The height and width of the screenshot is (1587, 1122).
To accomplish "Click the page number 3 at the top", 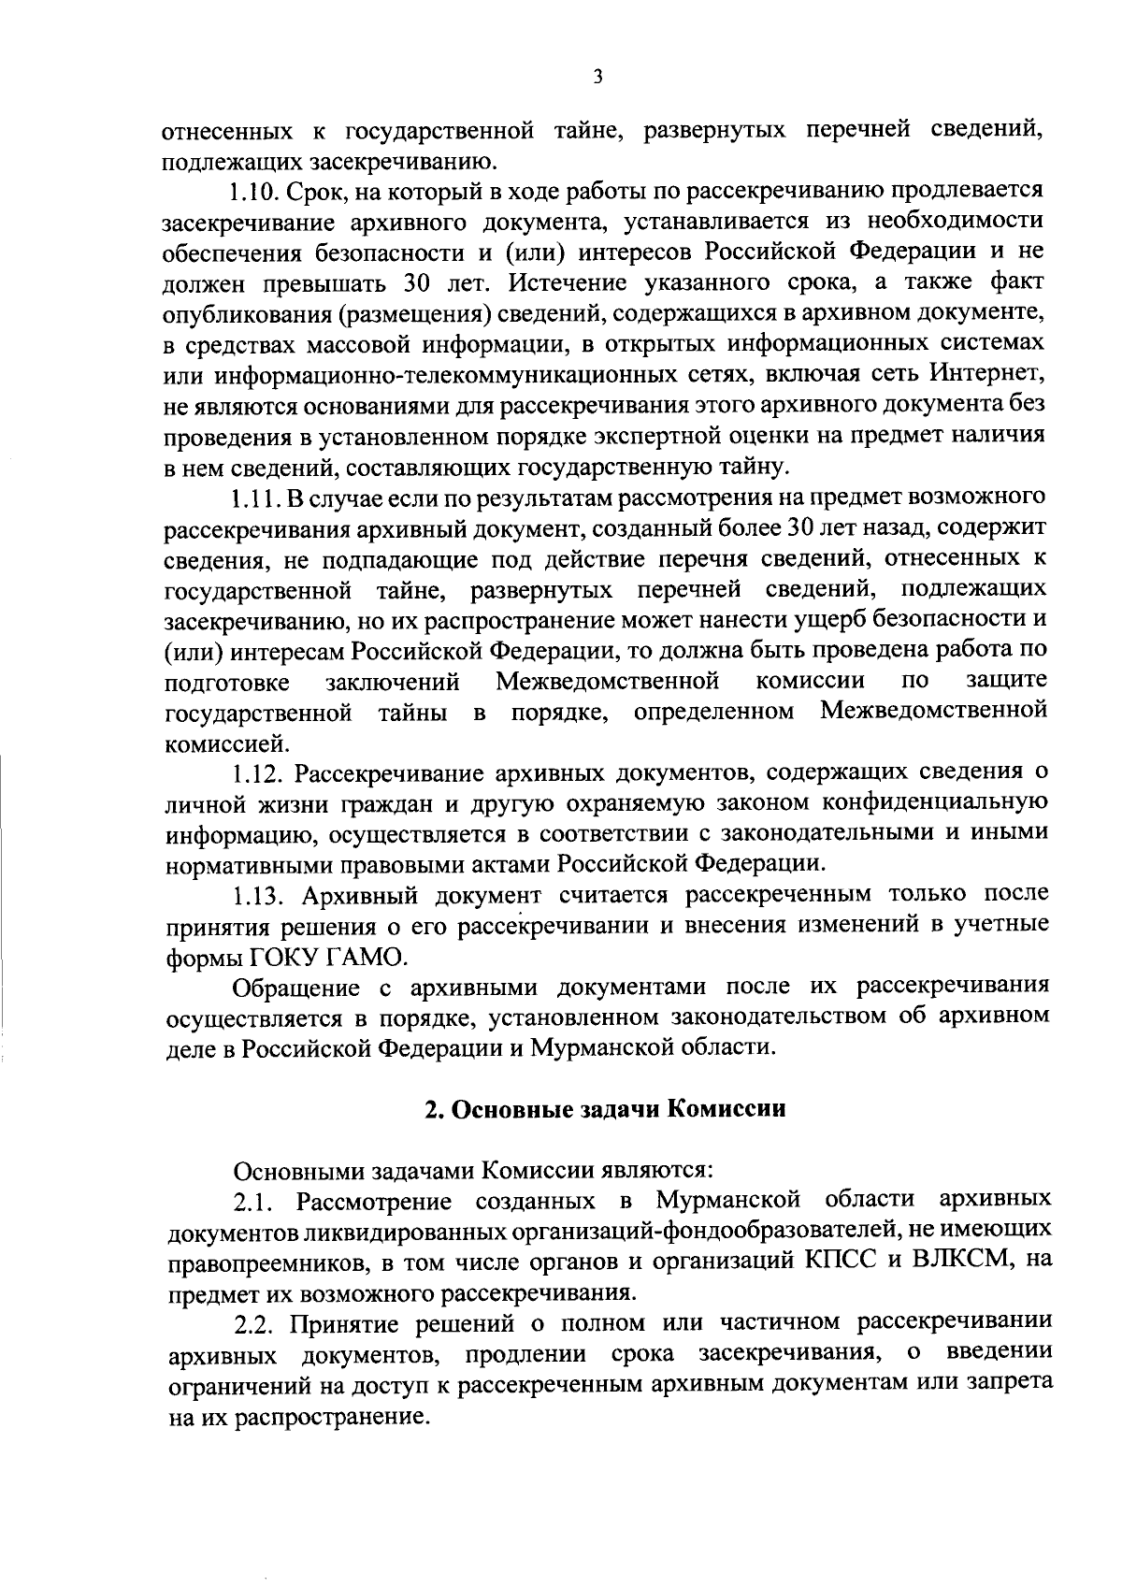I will pyautogui.click(x=597, y=77).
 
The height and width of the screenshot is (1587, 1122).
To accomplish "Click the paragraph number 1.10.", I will pyautogui.click(x=252, y=193).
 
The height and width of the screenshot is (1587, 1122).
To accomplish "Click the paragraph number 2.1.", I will pyautogui.click(x=252, y=1200).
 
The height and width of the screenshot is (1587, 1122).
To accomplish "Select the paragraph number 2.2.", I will pyautogui.click(x=253, y=1323).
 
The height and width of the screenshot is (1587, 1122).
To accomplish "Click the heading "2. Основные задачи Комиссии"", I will pyautogui.click(x=605, y=1109).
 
